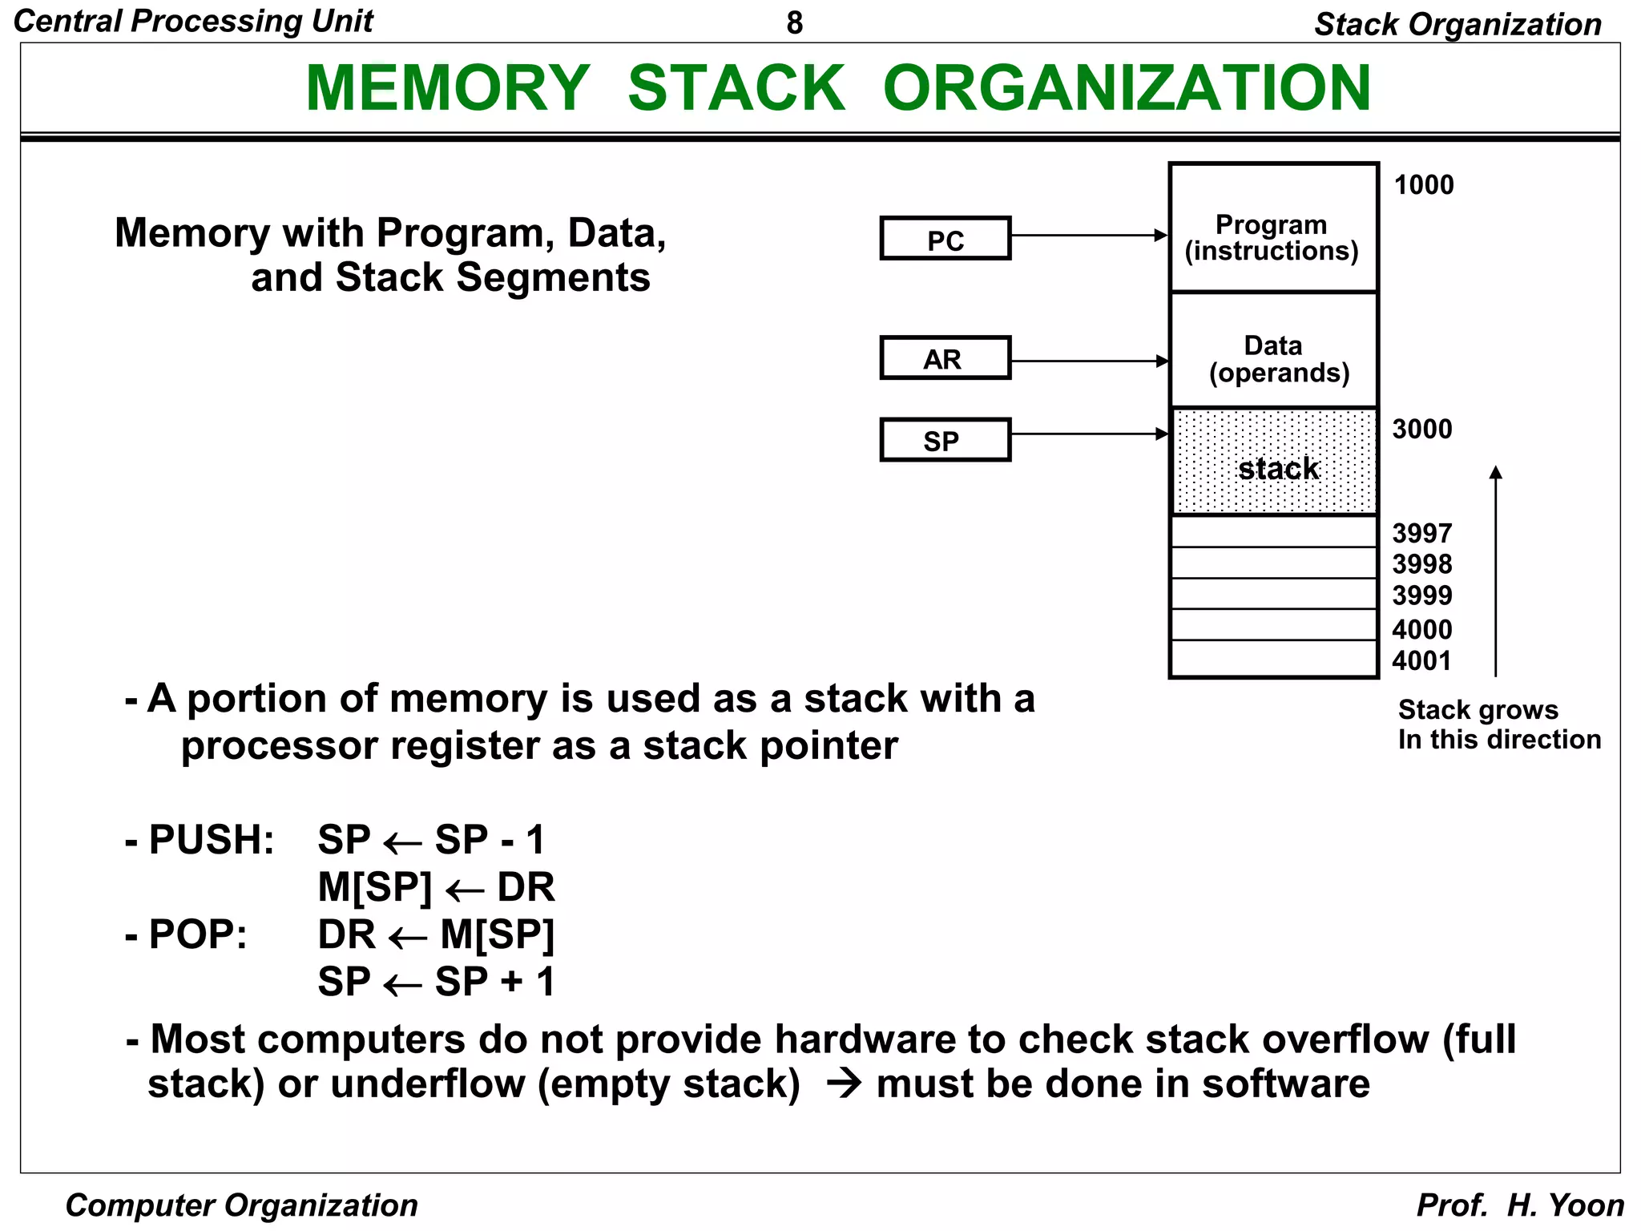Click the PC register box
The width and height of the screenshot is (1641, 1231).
click(x=945, y=238)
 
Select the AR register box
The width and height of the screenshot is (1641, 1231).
click(x=945, y=357)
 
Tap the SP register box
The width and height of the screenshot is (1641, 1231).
click(x=945, y=439)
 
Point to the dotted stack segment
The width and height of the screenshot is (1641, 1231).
click(x=1272, y=462)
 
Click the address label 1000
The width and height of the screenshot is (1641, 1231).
click(x=1423, y=185)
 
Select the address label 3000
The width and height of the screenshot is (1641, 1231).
click(x=1421, y=430)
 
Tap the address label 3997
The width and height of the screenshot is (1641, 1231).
click(x=1421, y=534)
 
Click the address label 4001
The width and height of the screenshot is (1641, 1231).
click(x=1421, y=661)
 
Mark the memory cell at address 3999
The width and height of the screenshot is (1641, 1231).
click(x=1272, y=594)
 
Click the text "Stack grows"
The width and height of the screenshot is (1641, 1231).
click(x=1478, y=710)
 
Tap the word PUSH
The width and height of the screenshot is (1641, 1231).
click(x=211, y=841)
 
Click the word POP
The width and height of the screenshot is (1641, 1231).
click(x=197, y=935)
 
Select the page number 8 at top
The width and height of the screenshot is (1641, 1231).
click(x=794, y=23)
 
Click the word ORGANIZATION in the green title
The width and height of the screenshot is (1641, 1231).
click(x=1127, y=88)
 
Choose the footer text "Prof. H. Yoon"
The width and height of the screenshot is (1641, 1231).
click(x=1519, y=1205)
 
